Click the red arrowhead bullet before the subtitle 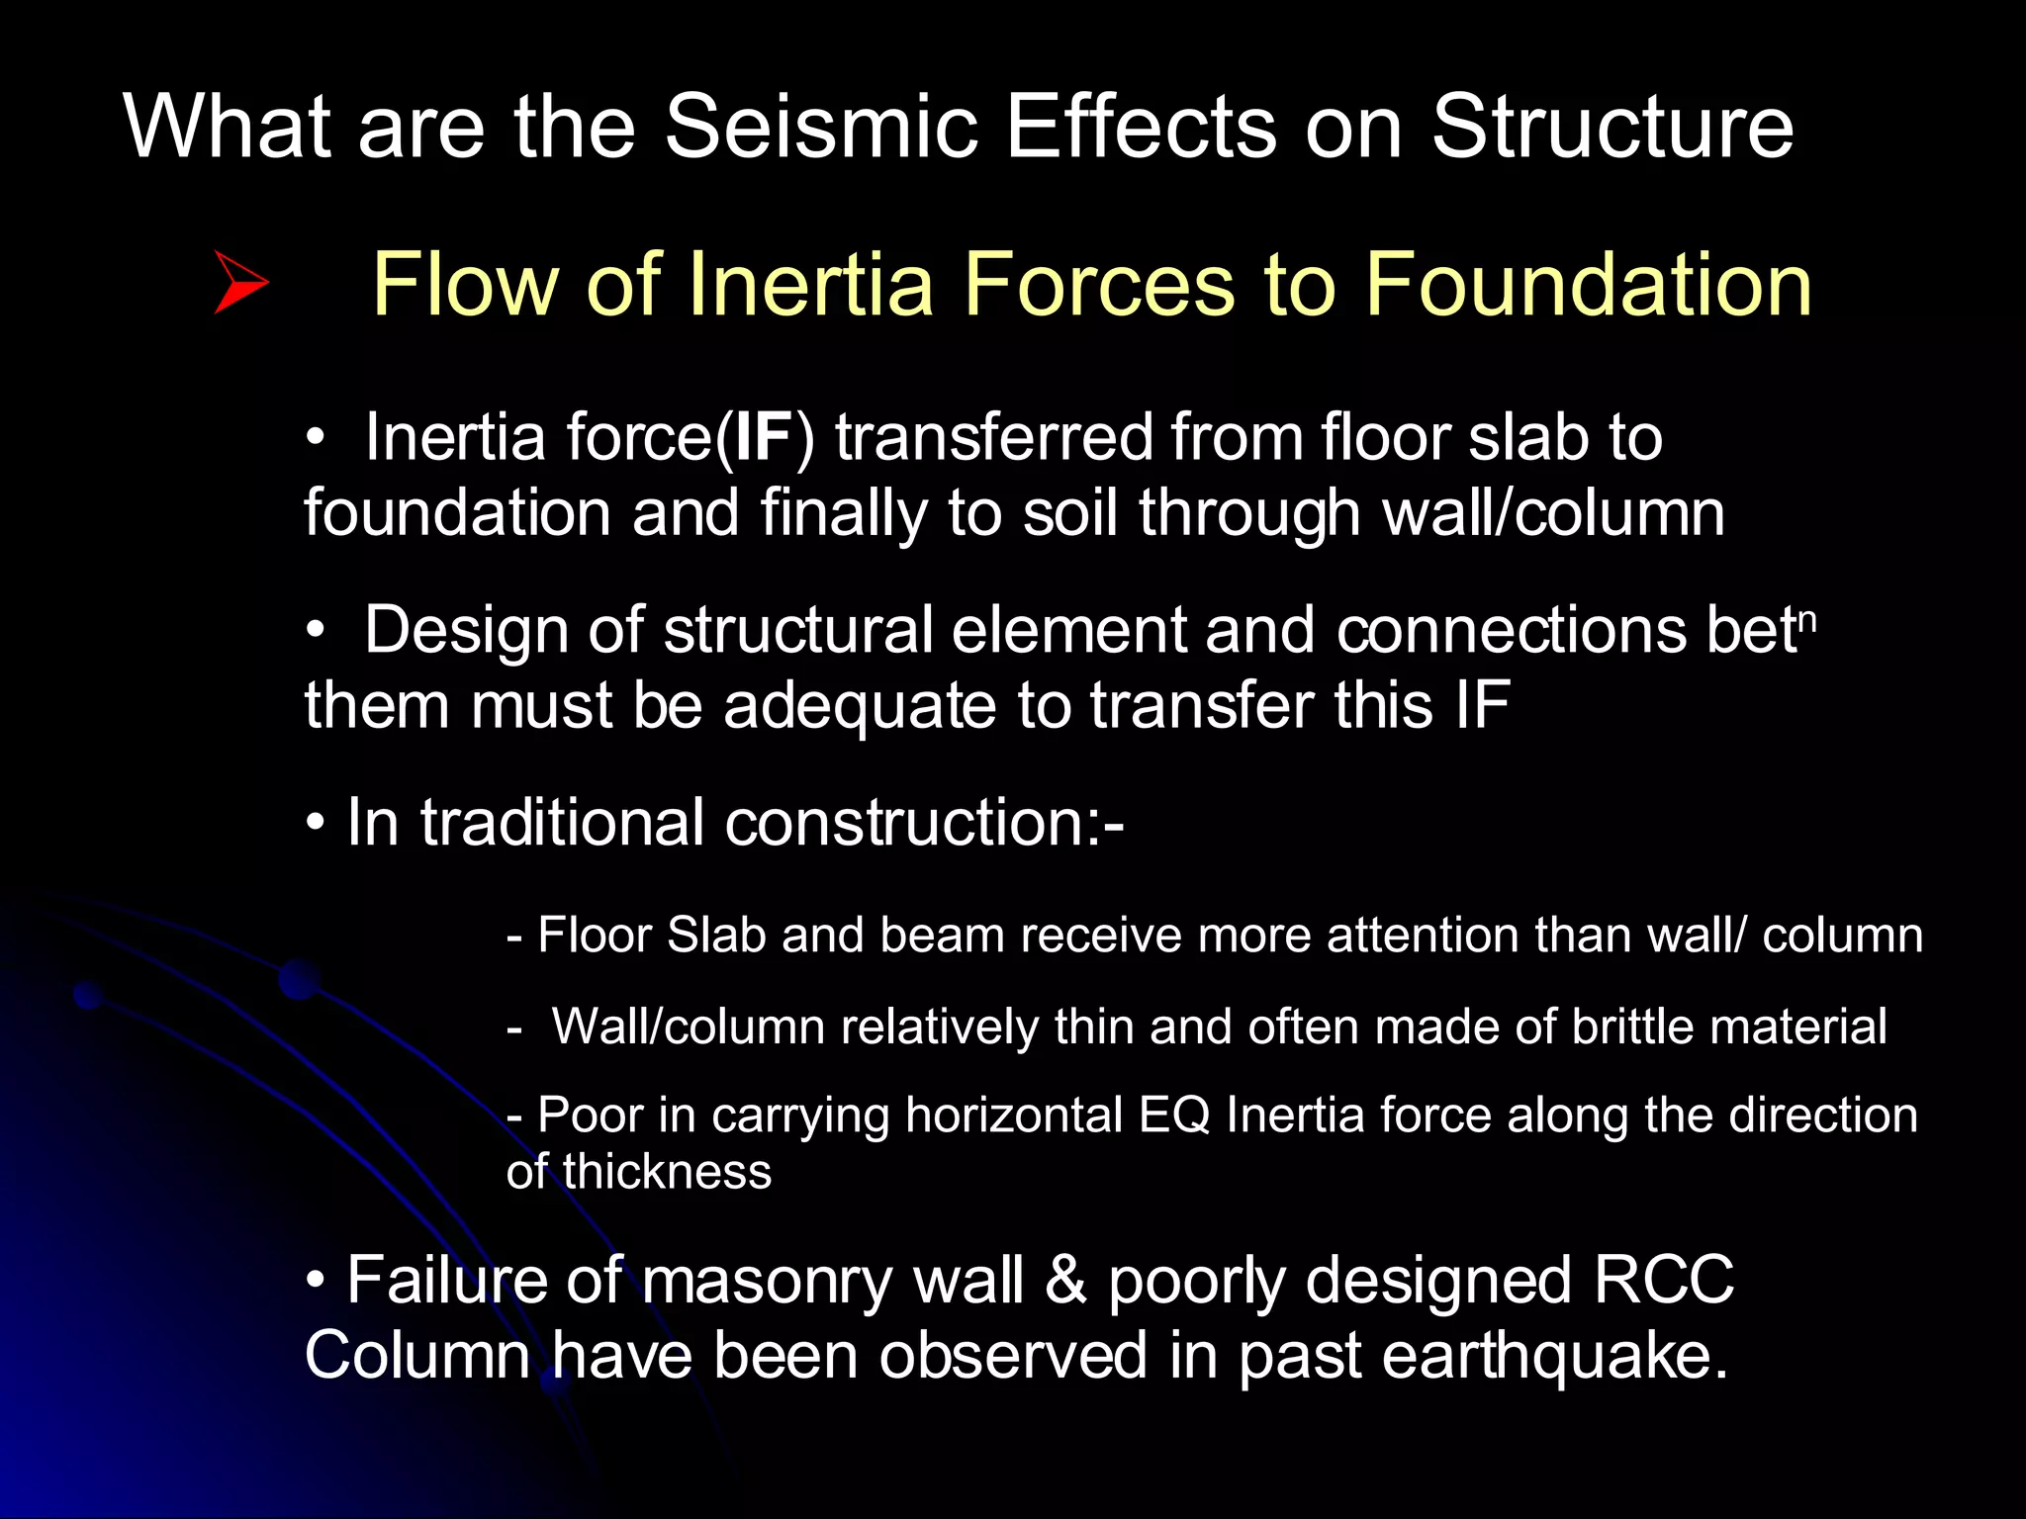click(x=240, y=283)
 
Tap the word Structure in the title click(x=1612, y=127)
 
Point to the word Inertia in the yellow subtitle click(x=811, y=285)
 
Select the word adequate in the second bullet click(x=859, y=706)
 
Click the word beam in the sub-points click(x=942, y=936)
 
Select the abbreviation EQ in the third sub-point click(x=1173, y=1116)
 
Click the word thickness click(x=667, y=1172)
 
